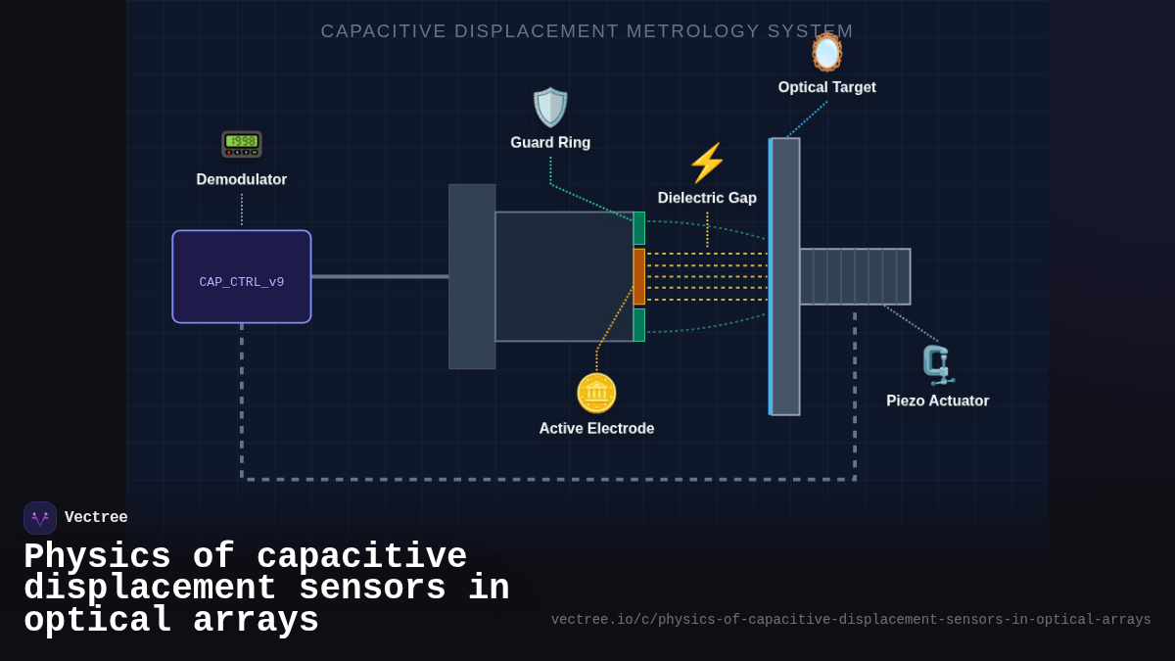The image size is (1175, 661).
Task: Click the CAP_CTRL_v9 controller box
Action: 242,277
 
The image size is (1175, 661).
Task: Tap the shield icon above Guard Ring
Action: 550,108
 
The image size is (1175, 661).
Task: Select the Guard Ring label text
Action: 550,143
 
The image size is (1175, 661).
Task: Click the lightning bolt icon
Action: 707,163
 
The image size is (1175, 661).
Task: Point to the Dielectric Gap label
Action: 707,198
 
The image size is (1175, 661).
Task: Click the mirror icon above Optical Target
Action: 826,52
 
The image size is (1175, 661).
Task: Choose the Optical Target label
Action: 826,87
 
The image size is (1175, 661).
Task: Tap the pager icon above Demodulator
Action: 242,144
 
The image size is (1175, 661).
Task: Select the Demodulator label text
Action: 242,179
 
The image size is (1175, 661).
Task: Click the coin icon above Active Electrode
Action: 596,393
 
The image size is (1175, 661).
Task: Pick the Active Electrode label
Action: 596,428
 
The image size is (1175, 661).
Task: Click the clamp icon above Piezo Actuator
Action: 938,365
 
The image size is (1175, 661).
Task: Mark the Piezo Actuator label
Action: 937,401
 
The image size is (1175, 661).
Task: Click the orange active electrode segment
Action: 639,276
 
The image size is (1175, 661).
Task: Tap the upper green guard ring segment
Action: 639,228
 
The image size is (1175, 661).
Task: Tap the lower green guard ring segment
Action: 639,325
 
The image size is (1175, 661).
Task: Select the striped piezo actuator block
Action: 855,276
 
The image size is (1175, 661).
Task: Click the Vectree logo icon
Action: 40,518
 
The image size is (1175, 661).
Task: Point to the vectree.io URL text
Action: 851,620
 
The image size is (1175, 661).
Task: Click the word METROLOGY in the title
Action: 693,31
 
